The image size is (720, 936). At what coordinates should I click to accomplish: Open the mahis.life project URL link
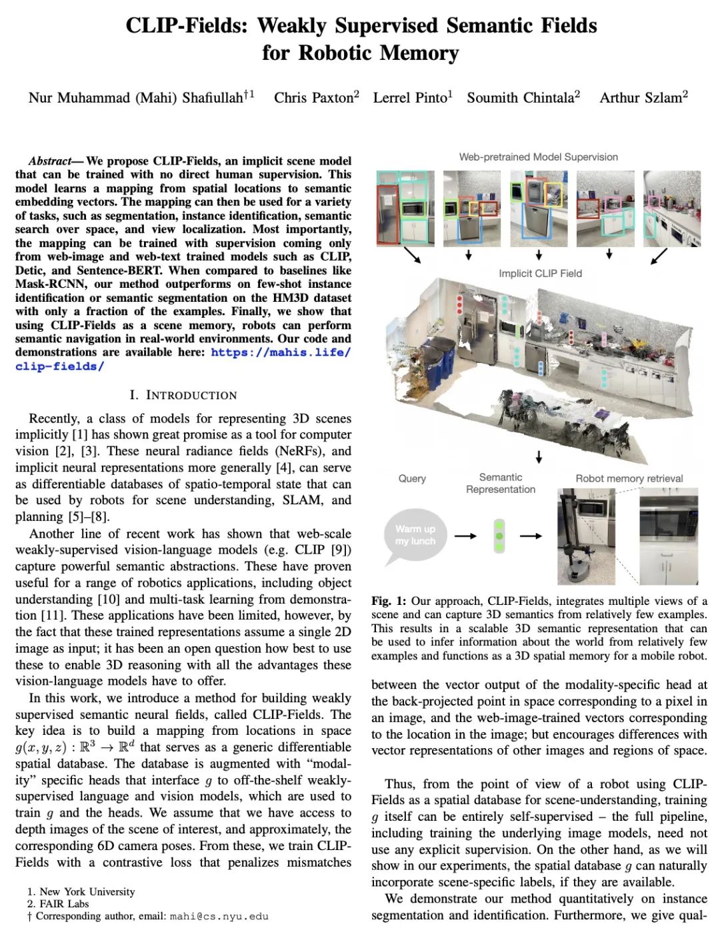coord(281,352)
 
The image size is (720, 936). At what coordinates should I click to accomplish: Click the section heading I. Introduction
coord(183,395)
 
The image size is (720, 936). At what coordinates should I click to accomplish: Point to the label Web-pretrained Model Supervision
coord(538,157)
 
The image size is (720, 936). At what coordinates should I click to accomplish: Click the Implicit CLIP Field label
coord(540,273)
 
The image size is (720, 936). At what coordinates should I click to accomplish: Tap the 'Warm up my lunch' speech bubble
coord(415,535)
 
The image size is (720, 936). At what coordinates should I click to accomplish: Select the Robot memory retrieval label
coord(629,478)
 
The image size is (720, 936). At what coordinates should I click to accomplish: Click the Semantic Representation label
coord(501,483)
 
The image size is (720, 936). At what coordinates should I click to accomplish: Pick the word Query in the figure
coord(412,478)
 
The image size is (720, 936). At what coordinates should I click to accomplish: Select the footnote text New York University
coord(87,891)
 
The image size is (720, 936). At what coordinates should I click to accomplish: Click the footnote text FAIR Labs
coord(64,903)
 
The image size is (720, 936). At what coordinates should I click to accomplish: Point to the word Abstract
coord(49,161)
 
